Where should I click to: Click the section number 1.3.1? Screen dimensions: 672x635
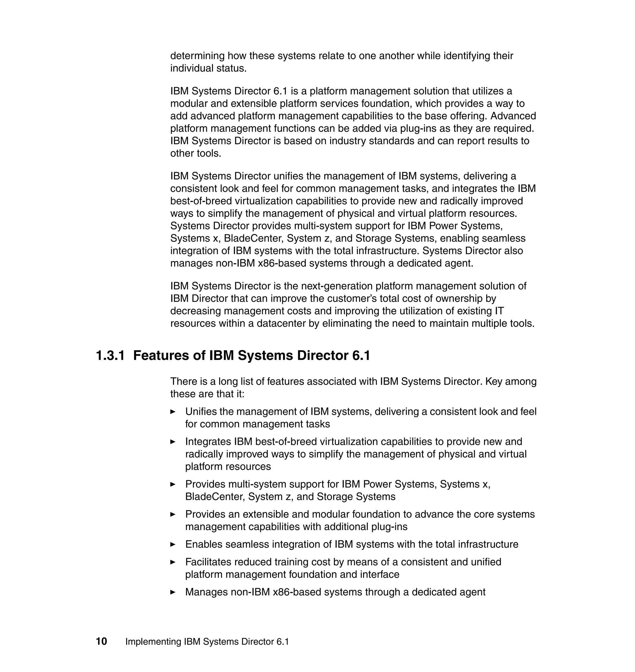click(x=110, y=356)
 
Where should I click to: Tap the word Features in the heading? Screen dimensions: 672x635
click(x=160, y=356)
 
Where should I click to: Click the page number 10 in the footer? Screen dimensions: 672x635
click(x=102, y=641)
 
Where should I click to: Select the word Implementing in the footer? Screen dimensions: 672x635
click(x=153, y=642)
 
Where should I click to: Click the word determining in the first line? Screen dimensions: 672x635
click(x=197, y=56)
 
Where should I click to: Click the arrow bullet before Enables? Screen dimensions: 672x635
click(x=173, y=544)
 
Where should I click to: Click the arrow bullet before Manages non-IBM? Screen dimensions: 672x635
click(x=173, y=592)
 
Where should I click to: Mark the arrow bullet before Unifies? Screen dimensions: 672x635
click(x=173, y=412)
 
